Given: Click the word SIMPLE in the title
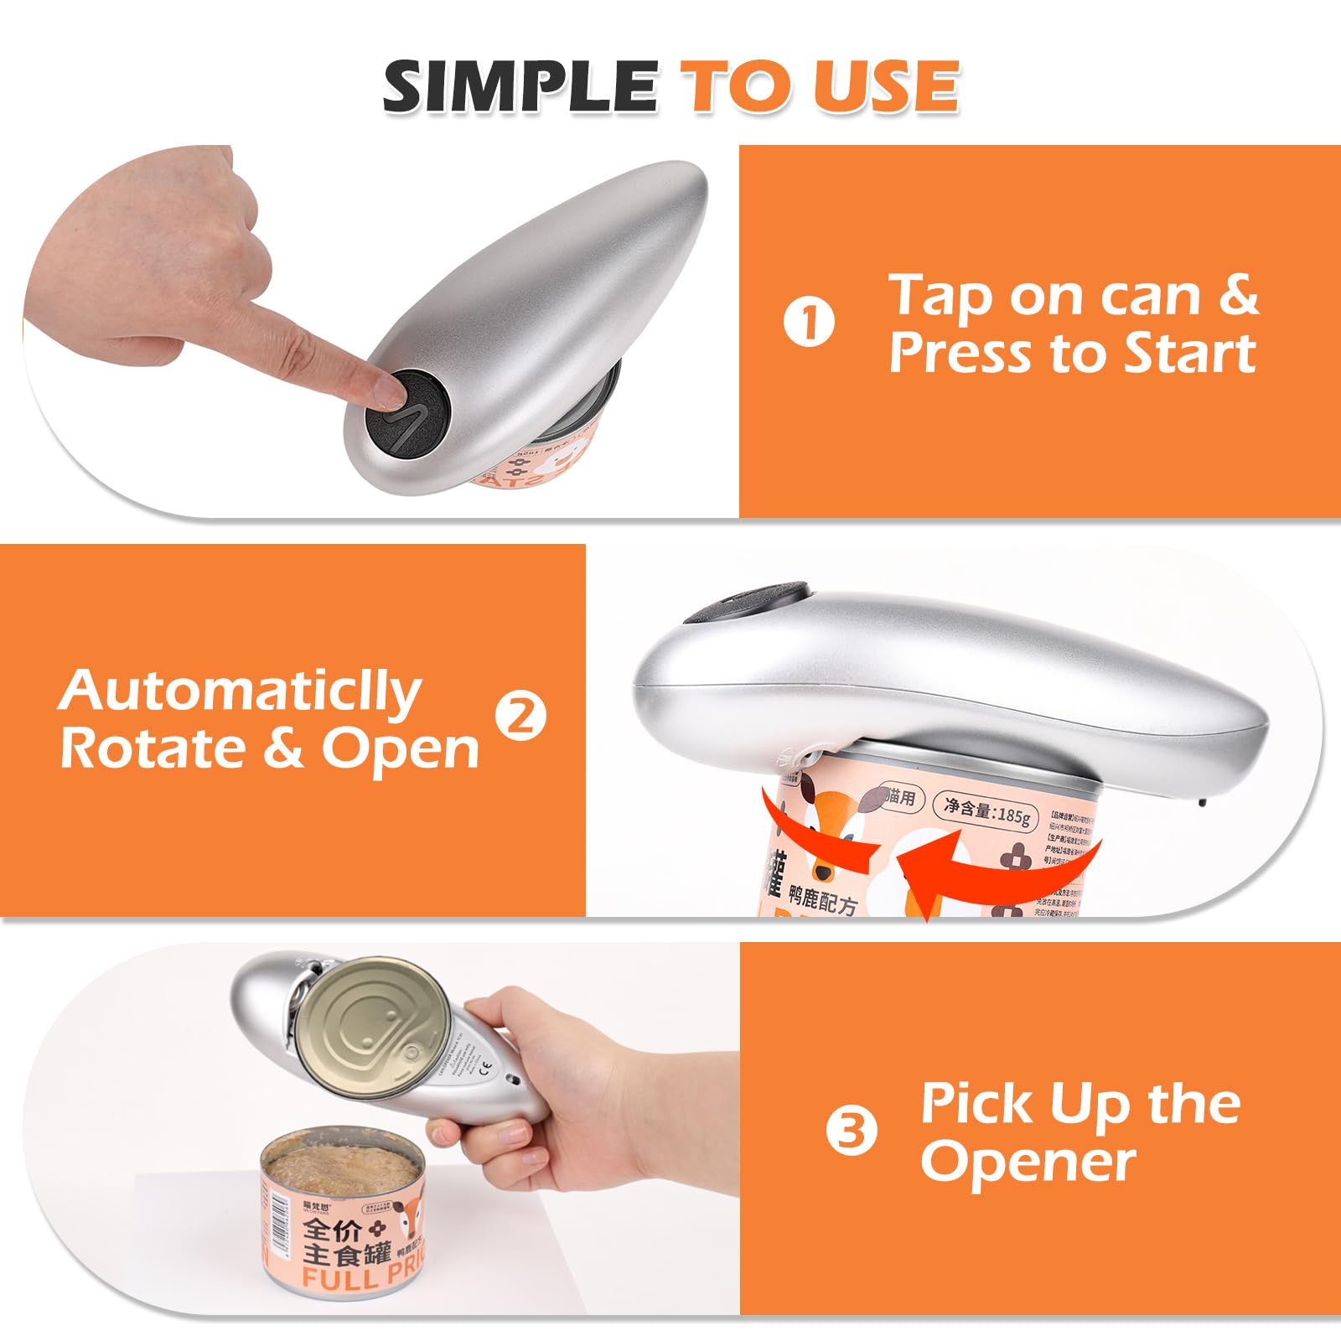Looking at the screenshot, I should tap(520, 86).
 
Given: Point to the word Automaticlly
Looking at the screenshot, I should tap(240, 692).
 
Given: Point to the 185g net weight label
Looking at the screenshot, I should tap(986, 810).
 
